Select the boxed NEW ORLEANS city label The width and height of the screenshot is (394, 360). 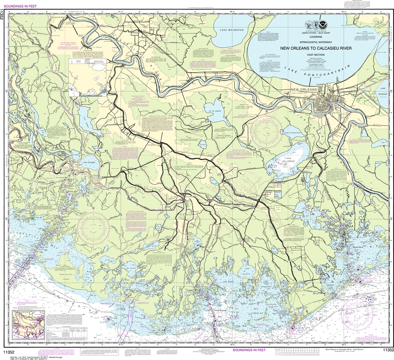click(x=303, y=90)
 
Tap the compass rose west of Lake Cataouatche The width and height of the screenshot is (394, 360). click(x=266, y=130)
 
